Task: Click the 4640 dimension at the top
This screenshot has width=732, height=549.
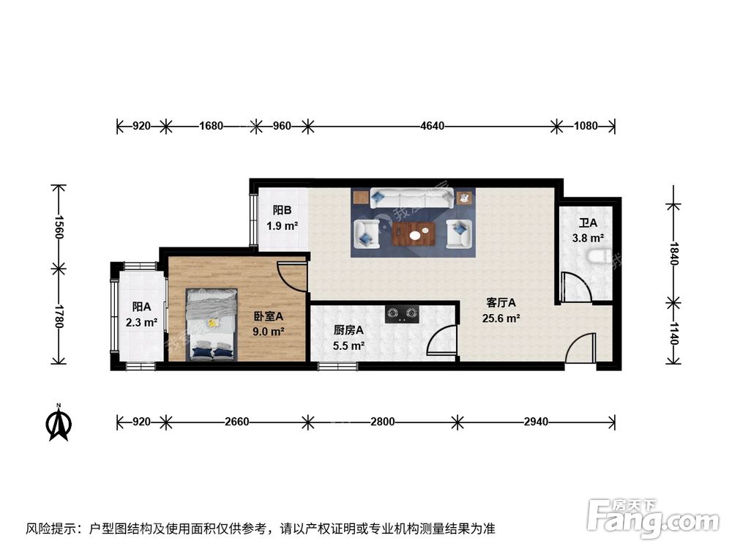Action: coord(433,126)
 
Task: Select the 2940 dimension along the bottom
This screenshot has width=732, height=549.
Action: coord(536,422)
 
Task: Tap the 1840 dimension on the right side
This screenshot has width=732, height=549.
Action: coord(673,253)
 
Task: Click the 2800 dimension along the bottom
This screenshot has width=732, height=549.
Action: coord(382,422)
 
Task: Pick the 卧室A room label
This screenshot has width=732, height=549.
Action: coord(269,316)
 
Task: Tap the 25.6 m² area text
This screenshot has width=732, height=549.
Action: coord(501,318)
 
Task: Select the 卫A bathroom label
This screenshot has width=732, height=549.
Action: coord(588,223)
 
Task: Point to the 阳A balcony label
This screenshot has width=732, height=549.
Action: coord(141,307)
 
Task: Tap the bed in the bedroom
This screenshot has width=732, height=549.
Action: coord(212,324)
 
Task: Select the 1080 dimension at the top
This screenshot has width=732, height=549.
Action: coord(586,126)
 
